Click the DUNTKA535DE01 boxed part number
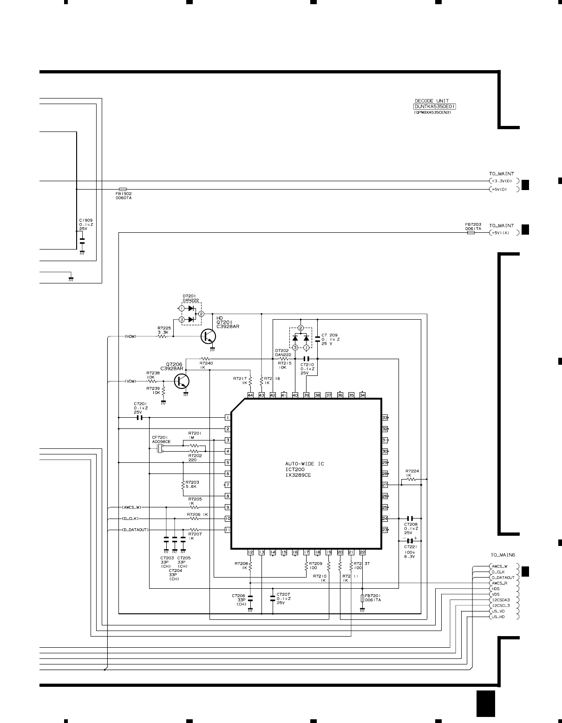click(x=435, y=106)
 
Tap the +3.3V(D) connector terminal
click(x=502, y=181)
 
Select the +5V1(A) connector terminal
click(x=502, y=233)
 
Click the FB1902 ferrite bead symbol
click(x=123, y=189)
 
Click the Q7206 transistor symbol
click(x=182, y=381)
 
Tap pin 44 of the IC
click(x=250, y=395)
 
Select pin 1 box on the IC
click(x=228, y=418)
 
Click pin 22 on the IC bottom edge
click(x=362, y=552)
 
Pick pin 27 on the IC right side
click(x=385, y=485)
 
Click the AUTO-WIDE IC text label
click(x=305, y=464)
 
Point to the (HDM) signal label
click(x=131, y=336)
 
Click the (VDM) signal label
click(x=131, y=381)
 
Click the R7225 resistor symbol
click(x=163, y=336)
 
